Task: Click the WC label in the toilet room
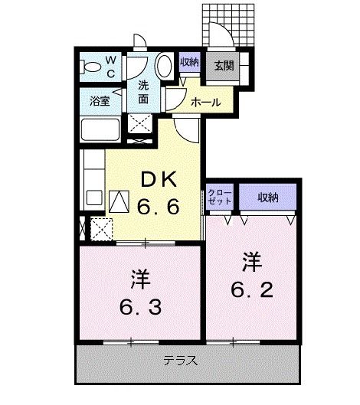click(x=110, y=67)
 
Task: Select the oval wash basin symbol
click(x=165, y=67)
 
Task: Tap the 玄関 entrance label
click(x=224, y=65)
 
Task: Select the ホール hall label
click(x=205, y=101)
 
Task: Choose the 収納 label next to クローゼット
click(x=267, y=198)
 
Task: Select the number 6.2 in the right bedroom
click(x=251, y=290)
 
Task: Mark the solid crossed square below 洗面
click(x=139, y=124)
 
